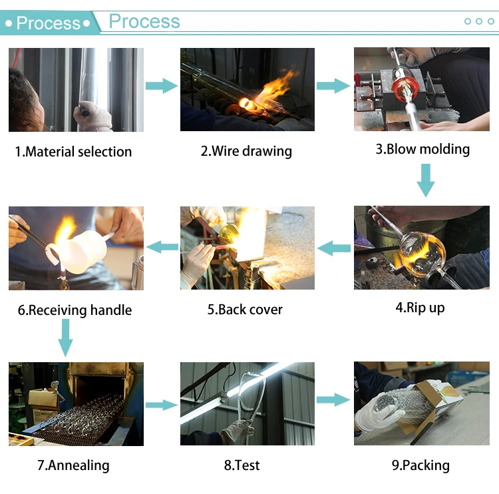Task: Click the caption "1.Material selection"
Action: [73, 152]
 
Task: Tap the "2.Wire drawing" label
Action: [246, 151]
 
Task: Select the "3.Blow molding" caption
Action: [422, 149]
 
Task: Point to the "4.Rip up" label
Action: [420, 308]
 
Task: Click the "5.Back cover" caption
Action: [245, 310]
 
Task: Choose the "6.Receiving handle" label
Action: [75, 310]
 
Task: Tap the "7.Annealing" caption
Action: [73, 465]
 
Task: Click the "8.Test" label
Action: [242, 465]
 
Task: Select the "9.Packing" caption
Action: [420, 465]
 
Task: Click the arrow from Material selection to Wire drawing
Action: [162, 86]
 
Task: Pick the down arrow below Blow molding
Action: [426, 180]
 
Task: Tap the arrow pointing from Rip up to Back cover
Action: [334, 248]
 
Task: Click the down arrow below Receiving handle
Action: [66, 338]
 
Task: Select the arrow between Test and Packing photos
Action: [333, 400]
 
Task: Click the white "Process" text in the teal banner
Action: [49, 23]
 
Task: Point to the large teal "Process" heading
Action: [144, 21]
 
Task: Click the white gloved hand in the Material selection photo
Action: [93, 117]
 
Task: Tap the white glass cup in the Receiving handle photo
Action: [81, 252]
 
